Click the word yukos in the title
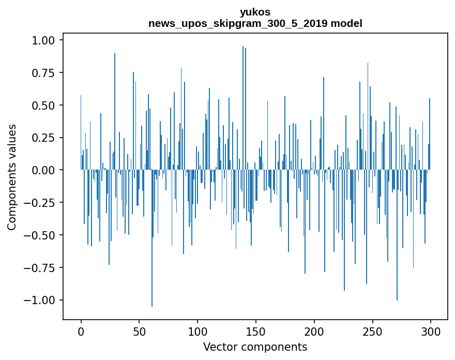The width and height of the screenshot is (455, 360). tap(255, 12)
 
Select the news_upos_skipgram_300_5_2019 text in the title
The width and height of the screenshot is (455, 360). tap(238, 23)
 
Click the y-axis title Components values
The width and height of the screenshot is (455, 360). tap(12, 177)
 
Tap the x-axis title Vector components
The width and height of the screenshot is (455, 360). tap(255, 347)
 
